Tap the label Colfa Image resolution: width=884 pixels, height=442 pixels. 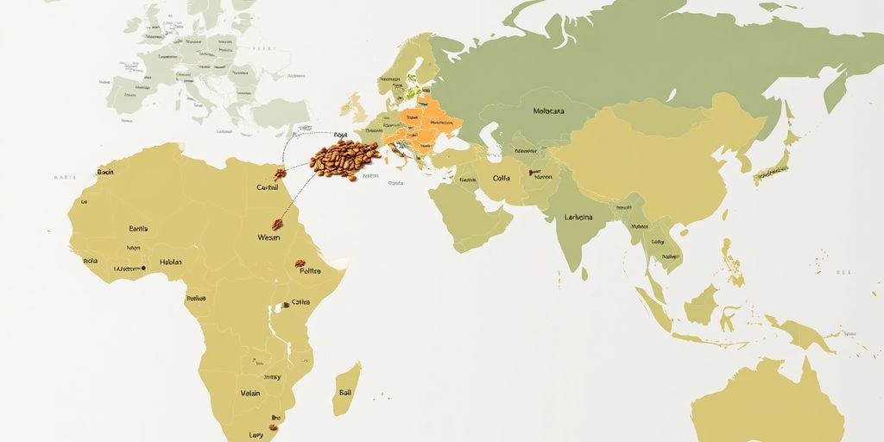click(x=501, y=179)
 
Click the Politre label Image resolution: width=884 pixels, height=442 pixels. click(x=310, y=271)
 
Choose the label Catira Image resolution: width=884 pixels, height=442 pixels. click(x=301, y=302)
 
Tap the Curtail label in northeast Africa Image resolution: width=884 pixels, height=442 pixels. click(x=268, y=187)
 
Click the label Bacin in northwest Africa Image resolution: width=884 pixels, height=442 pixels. click(x=105, y=172)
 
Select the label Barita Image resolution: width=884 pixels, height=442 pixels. click(x=138, y=229)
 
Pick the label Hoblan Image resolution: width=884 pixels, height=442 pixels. click(x=171, y=262)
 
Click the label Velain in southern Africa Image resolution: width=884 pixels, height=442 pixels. click(x=249, y=393)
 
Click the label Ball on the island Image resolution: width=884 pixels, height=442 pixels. click(x=345, y=392)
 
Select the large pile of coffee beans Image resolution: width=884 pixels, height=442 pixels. click(x=344, y=160)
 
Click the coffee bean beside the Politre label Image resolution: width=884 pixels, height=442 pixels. click(x=300, y=262)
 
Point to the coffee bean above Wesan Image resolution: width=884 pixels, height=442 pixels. click(x=277, y=224)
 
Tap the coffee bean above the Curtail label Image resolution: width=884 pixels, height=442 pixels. click(x=280, y=174)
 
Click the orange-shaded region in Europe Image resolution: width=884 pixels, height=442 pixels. click(x=423, y=125)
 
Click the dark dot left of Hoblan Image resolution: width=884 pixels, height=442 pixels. click(x=143, y=268)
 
